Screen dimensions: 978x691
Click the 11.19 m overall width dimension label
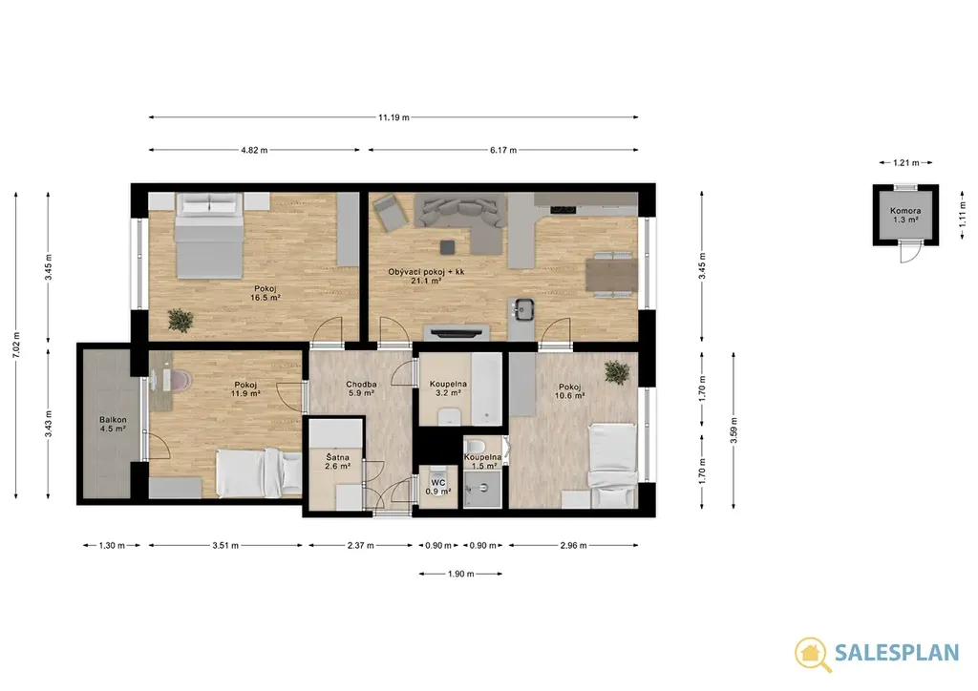pyautogui.click(x=393, y=117)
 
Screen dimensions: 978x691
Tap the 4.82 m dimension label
pyautogui.click(x=254, y=150)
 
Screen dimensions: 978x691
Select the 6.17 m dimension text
pyautogui.click(x=503, y=150)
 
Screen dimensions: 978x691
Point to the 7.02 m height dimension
pyautogui.click(x=16, y=345)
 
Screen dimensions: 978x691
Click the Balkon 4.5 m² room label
pyautogui.click(x=113, y=425)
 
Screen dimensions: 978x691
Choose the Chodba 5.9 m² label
pyautogui.click(x=361, y=388)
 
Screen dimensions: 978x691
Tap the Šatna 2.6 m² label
pyautogui.click(x=337, y=462)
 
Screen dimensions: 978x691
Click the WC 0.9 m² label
pyautogui.click(x=437, y=487)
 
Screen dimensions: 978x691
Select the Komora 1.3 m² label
pyautogui.click(x=905, y=215)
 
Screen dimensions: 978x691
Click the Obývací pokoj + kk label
pyautogui.click(x=426, y=272)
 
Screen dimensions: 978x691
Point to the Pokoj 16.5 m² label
pyautogui.click(x=266, y=293)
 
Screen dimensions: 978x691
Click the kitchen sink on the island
pyautogui.click(x=522, y=308)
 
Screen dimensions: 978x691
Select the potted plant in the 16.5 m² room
pyautogui.click(x=181, y=321)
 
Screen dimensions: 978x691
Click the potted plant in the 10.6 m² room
pyautogui.click(x=616, y=372)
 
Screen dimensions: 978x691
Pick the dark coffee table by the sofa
pyautogui.click(x=447, y=247)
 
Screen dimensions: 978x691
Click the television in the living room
pyautogui.click(x=456, y=332)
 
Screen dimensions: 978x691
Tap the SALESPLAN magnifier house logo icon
pyautogui.click(x=812, y=654)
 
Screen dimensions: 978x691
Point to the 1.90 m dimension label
pyautogui.click(x=461, y=574)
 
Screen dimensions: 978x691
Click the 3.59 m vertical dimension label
pyautogui.click(x=734, y=430)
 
